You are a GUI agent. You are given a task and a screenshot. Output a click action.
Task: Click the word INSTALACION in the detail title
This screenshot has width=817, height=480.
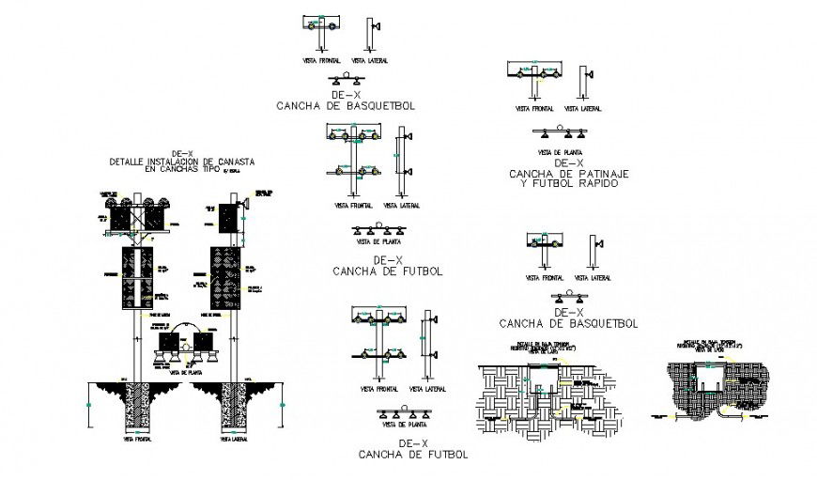coord(174,162)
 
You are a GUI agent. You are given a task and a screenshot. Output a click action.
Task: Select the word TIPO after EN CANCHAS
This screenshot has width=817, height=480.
coord(208,170)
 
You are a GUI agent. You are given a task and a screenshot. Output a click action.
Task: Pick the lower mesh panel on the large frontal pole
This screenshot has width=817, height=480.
coord(137,280)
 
